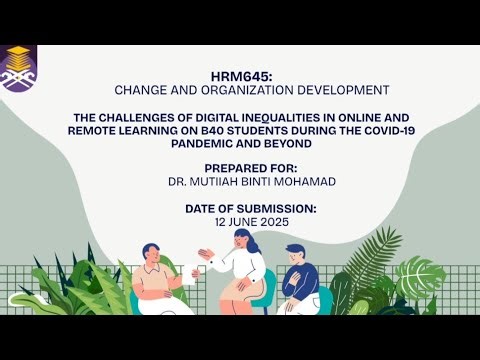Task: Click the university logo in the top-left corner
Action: pyautogui.click(x=18, y=68)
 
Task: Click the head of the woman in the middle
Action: pyautogui.click(x=243, y=240)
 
